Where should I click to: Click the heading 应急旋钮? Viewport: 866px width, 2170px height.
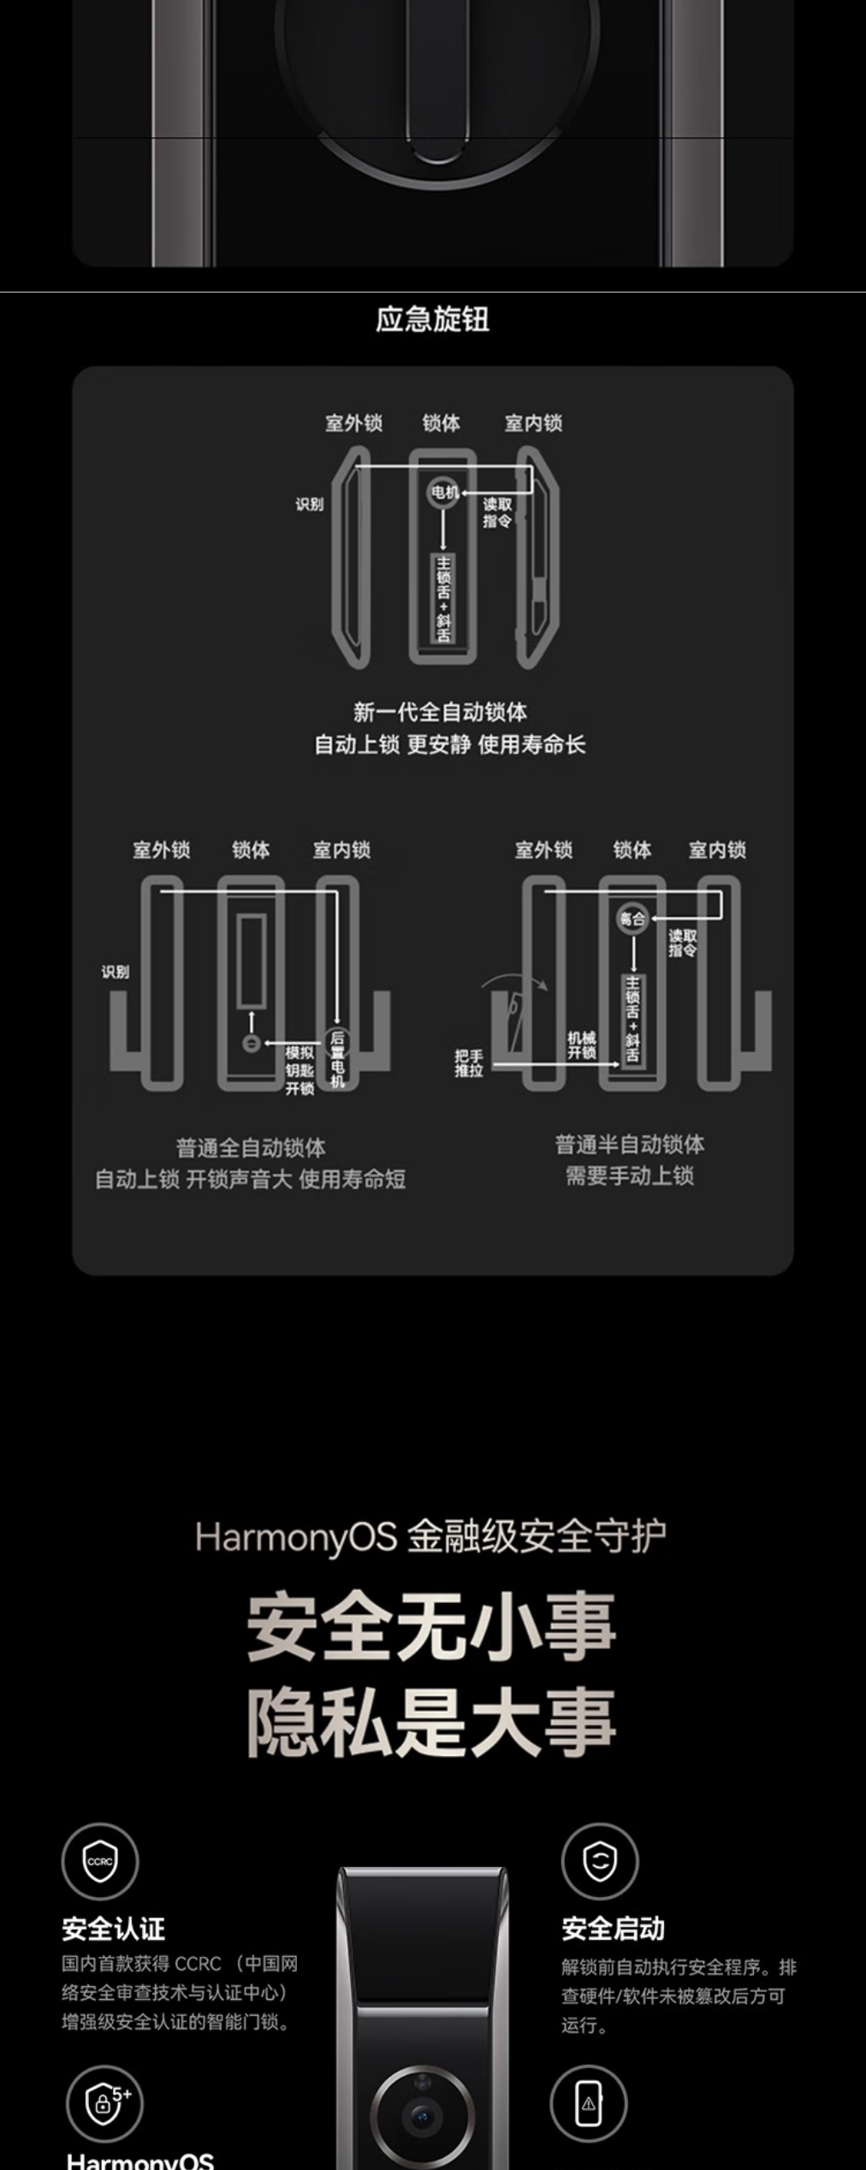tap(432, 320)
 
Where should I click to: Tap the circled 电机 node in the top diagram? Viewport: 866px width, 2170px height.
tap(444, 492)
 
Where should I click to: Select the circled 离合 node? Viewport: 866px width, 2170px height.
tap(632, 919)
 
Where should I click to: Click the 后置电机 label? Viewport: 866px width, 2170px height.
tap(337, 1059)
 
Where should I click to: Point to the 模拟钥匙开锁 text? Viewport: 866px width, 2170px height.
tap(300, 1070)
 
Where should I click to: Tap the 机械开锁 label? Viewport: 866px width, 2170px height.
tap(581, 1044)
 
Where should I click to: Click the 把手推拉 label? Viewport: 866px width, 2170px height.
tap(469, 1062)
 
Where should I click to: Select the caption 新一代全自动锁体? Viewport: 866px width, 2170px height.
tap(440, 712)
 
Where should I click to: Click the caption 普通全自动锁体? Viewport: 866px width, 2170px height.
tap(251, 1147)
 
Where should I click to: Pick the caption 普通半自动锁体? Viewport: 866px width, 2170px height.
tap(630, 1144)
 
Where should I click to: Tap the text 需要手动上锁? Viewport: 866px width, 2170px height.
tap(630, 1176)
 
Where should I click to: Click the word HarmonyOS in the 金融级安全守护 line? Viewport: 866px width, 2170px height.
tap(296, 1537)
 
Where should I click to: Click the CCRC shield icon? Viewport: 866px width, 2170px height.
tap(100, 1861)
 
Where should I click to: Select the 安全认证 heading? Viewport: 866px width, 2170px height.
tap(113, 1929)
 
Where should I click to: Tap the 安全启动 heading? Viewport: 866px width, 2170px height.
tap(613, 1929)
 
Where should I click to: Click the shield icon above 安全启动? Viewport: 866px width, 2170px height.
tap(600, 1861)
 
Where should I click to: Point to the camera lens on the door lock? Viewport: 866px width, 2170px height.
tap(422, 2117)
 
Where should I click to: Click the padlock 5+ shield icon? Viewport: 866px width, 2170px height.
tap(104, 2105)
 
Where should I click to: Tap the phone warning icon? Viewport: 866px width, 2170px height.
tap(588, 2103)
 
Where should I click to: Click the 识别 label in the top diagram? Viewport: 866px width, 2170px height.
tap(310, 504)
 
